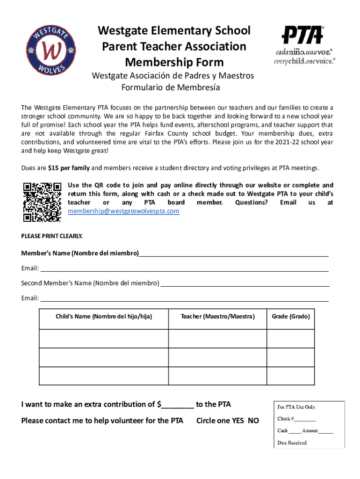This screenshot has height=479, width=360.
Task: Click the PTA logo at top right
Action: [x=304, y=45]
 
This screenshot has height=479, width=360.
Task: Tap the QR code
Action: [x=42, y=201]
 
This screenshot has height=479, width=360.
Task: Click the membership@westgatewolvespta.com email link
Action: [x=123, y=211]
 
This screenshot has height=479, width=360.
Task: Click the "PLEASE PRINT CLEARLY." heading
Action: [x=52, y=236]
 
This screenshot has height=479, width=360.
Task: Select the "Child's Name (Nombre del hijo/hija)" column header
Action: [x=104, y=317]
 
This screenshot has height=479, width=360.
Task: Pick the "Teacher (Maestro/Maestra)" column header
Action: [x=217, y=317]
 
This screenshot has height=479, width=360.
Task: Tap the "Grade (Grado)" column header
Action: [x=291, y=317]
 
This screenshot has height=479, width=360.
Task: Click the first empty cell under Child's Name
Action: [x=104, y=339]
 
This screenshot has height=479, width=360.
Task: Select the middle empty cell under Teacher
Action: [x=217, y=357]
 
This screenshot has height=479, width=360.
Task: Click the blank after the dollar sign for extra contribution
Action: [x=178, y=405]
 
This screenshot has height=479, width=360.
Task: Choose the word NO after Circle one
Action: [x=253, y=421]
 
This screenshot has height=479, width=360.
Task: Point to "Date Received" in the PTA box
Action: [x=292, y=443]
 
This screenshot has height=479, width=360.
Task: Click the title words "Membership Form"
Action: [x=174, y=62]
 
